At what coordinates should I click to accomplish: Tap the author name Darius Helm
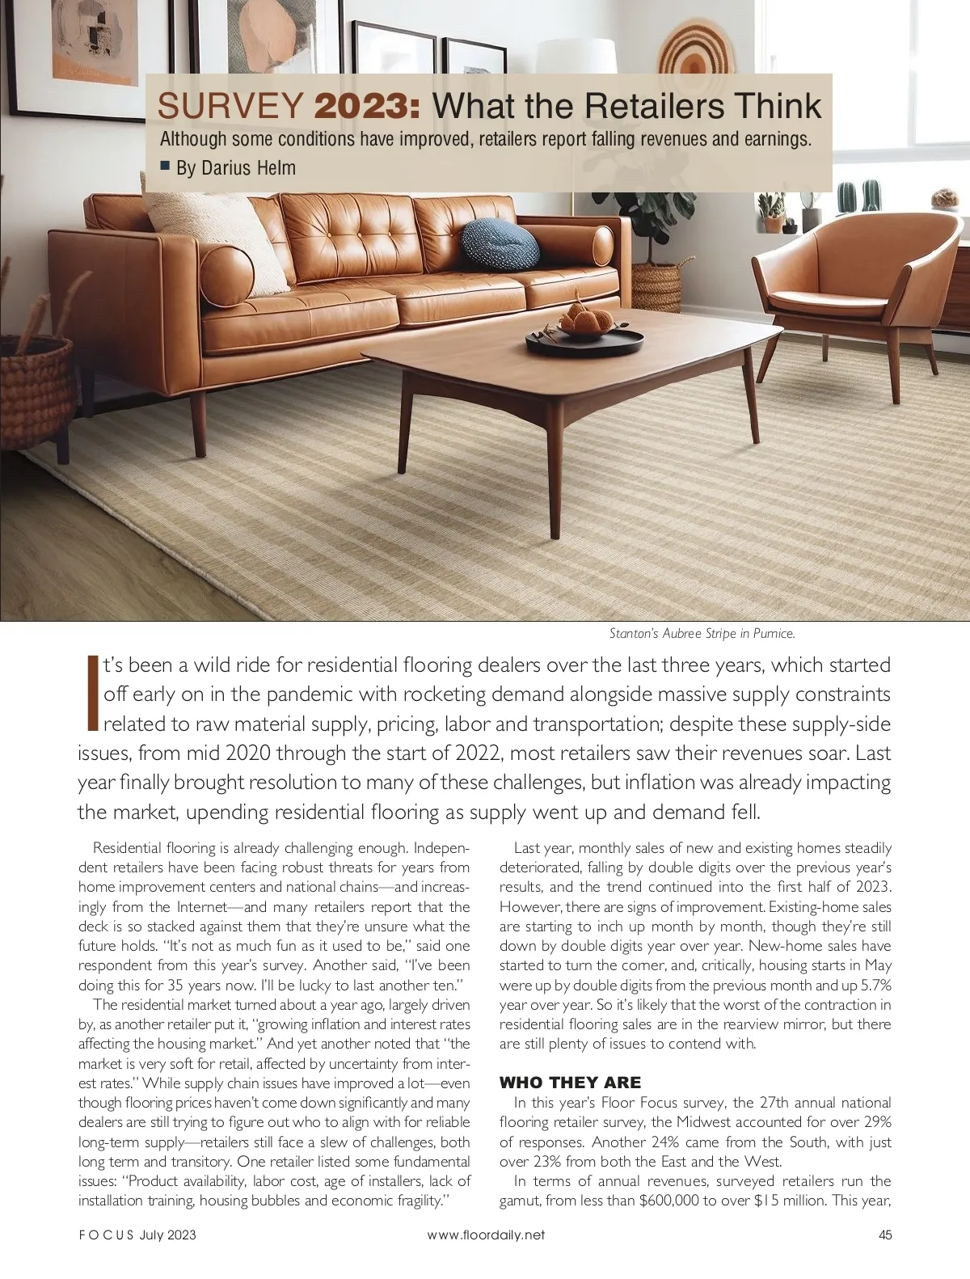point(236,168)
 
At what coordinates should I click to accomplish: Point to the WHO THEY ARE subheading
point(571,1083)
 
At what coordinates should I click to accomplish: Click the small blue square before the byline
point(165,167)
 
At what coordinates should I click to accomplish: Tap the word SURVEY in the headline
point(230,106)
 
